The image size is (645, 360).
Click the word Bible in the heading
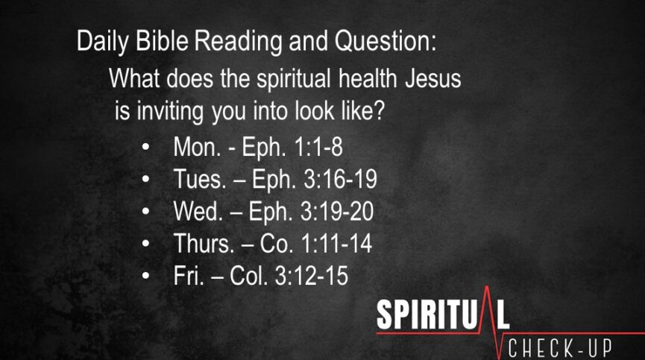(162, 41)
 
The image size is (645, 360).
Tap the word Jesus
(433, 78)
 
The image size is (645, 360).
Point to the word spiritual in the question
(294, 79)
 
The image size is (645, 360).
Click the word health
(368, 78)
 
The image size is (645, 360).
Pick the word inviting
(170, 111)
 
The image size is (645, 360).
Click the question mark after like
(379, 110)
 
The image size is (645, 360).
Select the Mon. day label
(197, 146)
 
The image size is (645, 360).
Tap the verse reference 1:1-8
(318, 146)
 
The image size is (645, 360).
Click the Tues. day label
(200, 179)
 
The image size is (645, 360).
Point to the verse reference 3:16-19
(340, 179)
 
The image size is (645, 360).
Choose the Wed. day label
(198, 211)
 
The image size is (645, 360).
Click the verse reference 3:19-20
(337, 211)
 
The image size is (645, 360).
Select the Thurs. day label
(204, 243)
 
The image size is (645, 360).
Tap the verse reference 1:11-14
(337, 243)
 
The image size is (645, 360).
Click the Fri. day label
(189, 275)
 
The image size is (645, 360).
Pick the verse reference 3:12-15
(312, 275)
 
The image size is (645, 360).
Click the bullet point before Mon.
(145, 147)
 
